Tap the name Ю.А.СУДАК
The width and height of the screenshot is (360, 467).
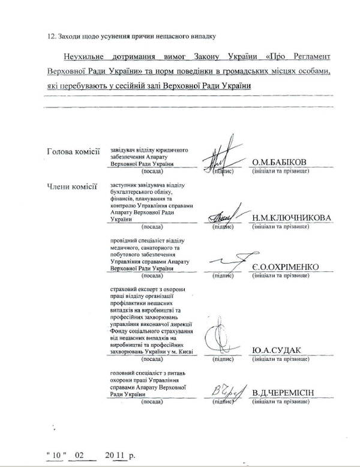coord(277,351)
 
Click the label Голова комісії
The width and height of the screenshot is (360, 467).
coord(73,151)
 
